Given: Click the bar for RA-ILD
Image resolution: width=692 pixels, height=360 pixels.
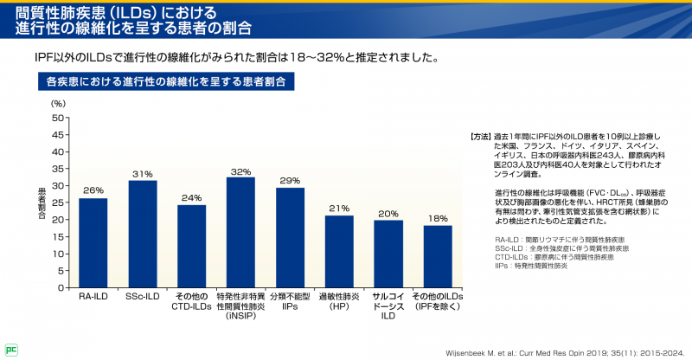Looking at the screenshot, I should [93, 242].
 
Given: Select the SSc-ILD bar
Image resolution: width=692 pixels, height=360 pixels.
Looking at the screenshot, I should [143, 234].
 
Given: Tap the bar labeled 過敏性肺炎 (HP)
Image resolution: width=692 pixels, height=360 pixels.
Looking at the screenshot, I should [339, 251].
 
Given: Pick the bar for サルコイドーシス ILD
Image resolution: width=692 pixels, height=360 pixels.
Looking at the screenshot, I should [388, 253].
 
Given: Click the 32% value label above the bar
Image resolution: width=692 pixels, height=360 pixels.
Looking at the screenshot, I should [240, 171].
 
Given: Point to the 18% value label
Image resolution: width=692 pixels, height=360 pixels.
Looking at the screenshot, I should [438, 219].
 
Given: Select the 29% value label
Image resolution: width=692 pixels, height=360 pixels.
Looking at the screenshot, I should [290, 181].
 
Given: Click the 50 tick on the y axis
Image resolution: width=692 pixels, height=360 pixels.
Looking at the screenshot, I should [58, 118].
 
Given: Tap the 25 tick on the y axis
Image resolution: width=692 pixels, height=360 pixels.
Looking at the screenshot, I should [58, 202].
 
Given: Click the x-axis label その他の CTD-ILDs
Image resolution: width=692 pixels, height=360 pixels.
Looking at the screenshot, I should [191, 302].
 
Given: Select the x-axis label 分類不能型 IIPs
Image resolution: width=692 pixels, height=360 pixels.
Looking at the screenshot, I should [290, 302].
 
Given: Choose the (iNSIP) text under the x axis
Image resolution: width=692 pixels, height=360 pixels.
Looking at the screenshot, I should [240, 317].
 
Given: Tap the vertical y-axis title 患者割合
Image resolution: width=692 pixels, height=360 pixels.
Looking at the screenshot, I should [42, 202].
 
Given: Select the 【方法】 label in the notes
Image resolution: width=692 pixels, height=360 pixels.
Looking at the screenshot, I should [480, 137].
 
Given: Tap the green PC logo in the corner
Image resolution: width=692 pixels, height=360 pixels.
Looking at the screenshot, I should [11, 350].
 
